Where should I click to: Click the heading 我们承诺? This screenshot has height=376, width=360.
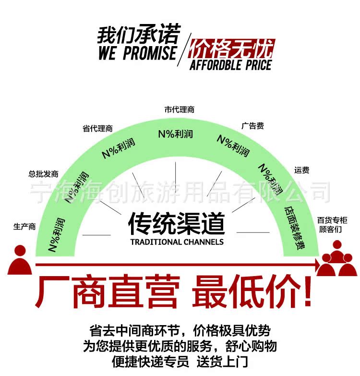point(138,35)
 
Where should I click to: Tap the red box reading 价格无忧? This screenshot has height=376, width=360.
point(231,49)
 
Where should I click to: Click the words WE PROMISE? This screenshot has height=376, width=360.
point(137,53)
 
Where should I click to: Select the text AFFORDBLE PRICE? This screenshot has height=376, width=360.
point(231,65)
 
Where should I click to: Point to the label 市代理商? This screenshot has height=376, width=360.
point(180,109)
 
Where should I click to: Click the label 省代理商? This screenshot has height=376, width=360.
point(97,128)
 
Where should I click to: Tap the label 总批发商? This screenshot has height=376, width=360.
point(43,174)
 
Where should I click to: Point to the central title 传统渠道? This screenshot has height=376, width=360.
point(176,223)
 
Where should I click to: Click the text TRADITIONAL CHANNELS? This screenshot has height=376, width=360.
point(177,242)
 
